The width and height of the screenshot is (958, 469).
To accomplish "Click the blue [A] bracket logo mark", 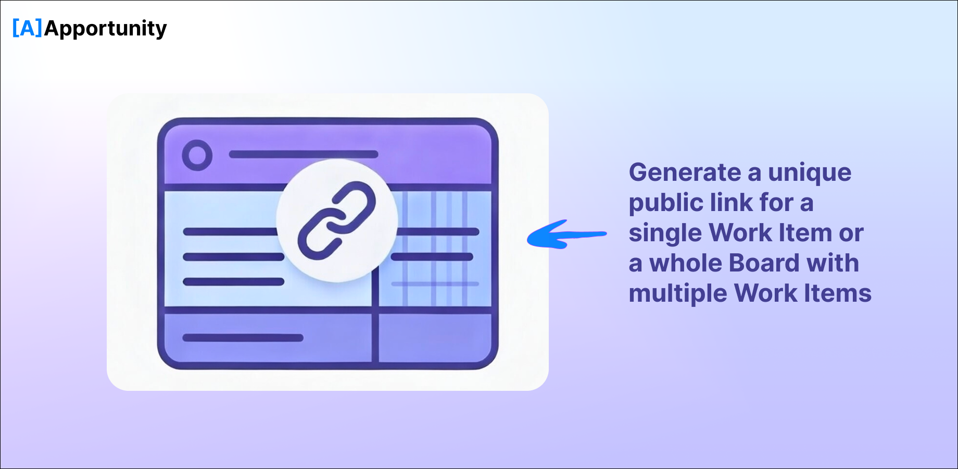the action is (27, 28).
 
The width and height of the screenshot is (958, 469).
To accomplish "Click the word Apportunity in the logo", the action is (106, 29).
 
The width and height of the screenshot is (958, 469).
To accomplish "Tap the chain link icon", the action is (337, 220).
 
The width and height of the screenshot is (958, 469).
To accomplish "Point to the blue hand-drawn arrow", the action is (567, 234).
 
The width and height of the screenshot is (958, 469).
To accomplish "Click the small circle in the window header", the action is (197, 155).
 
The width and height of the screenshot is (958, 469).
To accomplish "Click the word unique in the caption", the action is (810, 173).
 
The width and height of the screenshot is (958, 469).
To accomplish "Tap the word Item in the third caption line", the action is (805, 233).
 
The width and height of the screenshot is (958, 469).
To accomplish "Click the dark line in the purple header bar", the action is (304, 154).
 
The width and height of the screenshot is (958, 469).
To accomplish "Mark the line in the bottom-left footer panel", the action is (243, 338).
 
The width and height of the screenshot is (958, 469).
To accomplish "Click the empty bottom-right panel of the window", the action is (434, 338).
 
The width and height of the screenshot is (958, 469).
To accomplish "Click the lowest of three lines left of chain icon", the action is (233, 282).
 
